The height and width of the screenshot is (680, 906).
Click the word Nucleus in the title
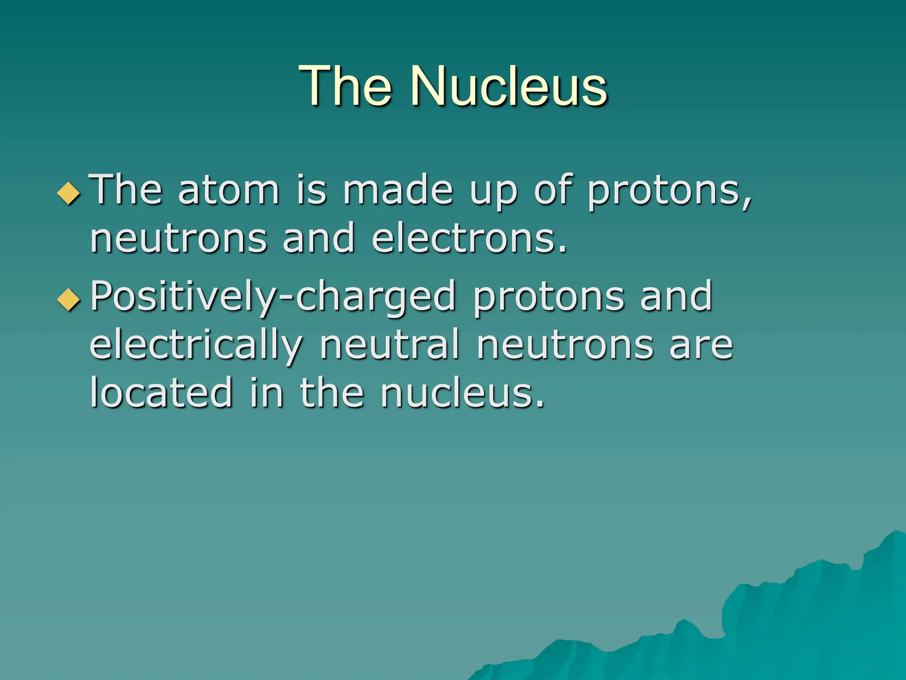pyautogui.click(x=509, y=86)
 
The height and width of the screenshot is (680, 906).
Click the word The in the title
pyautogui.click(x=346, y=86)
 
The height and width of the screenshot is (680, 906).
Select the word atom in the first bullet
pyautogui.click(x=229, y=190)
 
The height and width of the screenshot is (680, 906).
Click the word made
pyautogui.click(x=398, y=190)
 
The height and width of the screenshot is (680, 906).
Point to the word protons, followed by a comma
pyautogui.click(x=669, y=193)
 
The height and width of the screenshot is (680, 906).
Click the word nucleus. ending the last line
pyautogui.click(x=462, y=393)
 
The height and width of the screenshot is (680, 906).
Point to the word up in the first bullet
pyautogui.click(x=493, y=193)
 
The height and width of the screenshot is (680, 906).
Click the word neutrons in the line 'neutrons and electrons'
pyautogui.click(x=178, y=239)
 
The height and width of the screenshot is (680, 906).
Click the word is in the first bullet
pyautogui.click(x=311, y=190)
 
